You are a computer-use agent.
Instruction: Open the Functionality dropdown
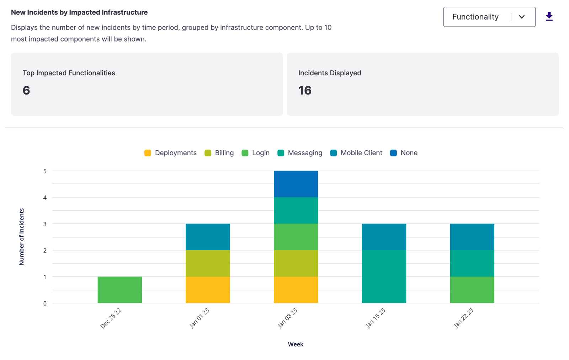(x=489, y=17)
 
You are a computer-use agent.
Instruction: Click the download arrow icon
(x=549, y=16)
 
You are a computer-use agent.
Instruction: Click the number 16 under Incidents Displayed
(x=305, y=91)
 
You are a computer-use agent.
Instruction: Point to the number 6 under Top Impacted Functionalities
(x=26, y=91)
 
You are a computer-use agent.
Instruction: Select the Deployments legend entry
(x=171, y=153)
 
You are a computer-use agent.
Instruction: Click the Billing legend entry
(x=219, y=153)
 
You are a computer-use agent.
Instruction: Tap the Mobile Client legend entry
(x=356, y=153)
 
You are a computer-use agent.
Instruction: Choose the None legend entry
(x=404, y=153)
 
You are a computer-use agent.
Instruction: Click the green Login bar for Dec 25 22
(x=120, y=290)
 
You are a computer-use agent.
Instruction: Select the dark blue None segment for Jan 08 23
(x=296, y=184)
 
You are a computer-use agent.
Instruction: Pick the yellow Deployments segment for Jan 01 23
(x=208, y=290)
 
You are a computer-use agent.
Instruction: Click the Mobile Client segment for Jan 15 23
(x=384, y=237)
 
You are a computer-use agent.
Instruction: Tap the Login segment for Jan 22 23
(x=472, y=290)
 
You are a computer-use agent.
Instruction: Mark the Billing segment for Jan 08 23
(x=296, y=263)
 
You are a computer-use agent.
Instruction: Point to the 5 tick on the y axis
(x=45, y=171)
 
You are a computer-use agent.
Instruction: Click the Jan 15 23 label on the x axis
(x=376, y=318)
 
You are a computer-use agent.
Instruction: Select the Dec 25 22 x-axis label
(x=111, y=318)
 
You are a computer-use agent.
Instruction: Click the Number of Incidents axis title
(x=22, y=237)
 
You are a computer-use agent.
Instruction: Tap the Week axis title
(x=296, y=344)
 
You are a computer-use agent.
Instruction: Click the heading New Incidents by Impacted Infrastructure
(x=79, y=12)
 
